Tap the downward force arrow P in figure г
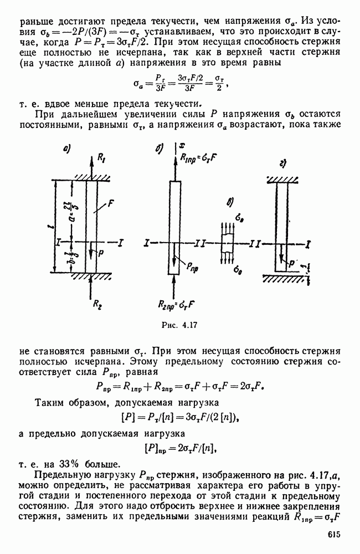[x=282, y=257]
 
